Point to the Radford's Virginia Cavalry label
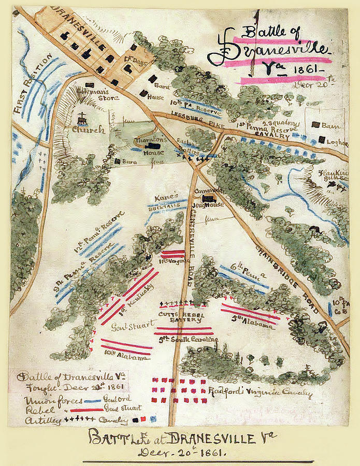click(261, 393)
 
